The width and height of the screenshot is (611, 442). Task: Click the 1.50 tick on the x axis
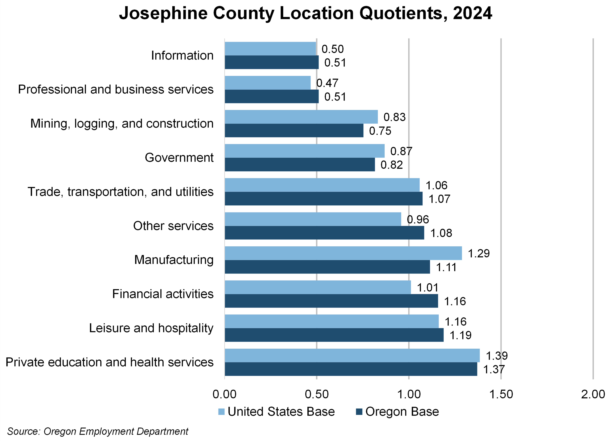pyautogui.click(x=501, y=394)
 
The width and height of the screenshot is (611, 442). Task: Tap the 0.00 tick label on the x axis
pyautogui.click(x=224, y=394)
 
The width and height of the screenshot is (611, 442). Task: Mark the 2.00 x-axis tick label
pyautogui.click(x=593, y=394)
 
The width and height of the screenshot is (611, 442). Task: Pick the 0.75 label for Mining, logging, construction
pyautogui.click(x=380, y=131)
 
